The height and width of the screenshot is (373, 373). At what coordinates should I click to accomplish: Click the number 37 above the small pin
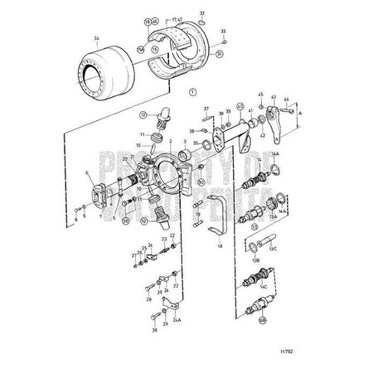coord(206,109)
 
